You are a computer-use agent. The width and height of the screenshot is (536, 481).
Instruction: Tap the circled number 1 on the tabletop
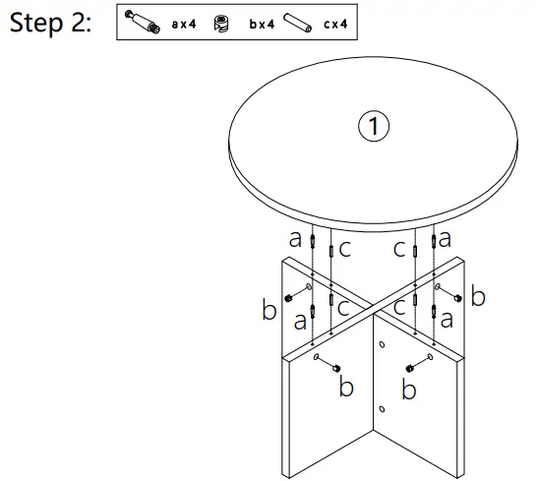click(x=374, y=125)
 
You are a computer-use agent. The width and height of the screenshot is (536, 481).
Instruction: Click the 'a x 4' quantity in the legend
click(x=184, y=23)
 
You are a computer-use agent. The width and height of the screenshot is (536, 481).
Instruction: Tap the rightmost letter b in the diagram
click(x=478, y=297)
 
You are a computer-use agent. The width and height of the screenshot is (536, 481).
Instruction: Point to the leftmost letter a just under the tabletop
click(x=295, y=238)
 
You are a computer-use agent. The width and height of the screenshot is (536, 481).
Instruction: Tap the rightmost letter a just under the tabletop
click(x=446, y=238)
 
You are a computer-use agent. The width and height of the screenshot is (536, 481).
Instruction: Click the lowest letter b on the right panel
click(x=409, y=391)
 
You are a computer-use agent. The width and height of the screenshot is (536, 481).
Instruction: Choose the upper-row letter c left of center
click(x=344, y=250)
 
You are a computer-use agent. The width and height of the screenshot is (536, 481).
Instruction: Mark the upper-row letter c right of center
click(x=399, y=250)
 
